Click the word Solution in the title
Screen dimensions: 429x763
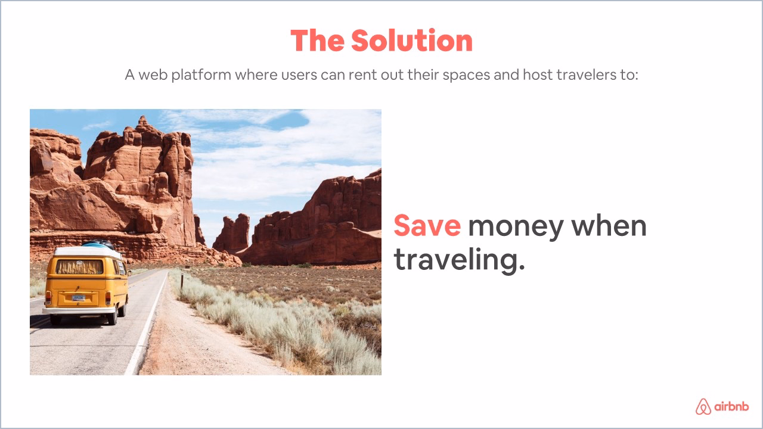[x=411, y=41]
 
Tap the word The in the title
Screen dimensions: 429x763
[x=317, y=41]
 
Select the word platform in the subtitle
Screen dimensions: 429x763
[x=201, y=76]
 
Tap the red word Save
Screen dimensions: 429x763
[x=427, y=226]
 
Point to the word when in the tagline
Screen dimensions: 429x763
[x=609, y=226]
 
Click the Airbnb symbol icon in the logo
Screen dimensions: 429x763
[x=703, y=406]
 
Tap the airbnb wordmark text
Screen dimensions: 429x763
[x=731, y=407]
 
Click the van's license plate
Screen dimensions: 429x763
[x=78, y=297]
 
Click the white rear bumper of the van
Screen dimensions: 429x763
[x=80, y=310]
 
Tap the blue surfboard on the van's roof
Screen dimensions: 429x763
[x=98, y=243]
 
